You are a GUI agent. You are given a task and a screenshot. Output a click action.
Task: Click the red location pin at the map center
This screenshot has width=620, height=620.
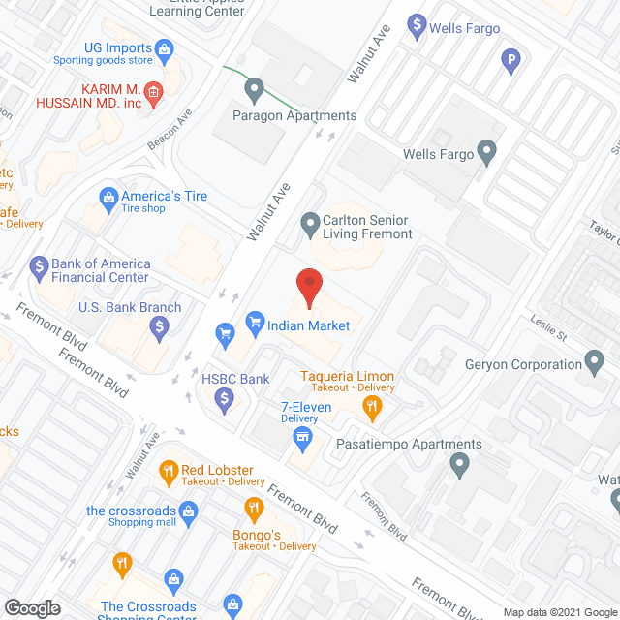309,287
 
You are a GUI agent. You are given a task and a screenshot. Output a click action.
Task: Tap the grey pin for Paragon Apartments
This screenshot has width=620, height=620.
255,90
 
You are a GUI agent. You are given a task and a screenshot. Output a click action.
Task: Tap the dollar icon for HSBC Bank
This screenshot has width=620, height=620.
224,396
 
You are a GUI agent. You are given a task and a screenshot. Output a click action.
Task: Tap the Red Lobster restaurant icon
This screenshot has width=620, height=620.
169,472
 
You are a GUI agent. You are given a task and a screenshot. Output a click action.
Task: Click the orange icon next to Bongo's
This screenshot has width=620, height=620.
253,509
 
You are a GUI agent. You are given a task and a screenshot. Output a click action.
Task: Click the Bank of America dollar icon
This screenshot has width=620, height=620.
40,264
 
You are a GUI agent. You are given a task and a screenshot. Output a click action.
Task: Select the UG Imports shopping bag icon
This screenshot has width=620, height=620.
165,47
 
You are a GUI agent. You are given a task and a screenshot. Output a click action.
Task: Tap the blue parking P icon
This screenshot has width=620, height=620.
511,65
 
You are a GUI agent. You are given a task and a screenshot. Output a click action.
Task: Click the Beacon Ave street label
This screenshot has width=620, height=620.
170,130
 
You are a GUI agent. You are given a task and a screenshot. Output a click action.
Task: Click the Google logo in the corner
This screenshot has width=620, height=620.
31,608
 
